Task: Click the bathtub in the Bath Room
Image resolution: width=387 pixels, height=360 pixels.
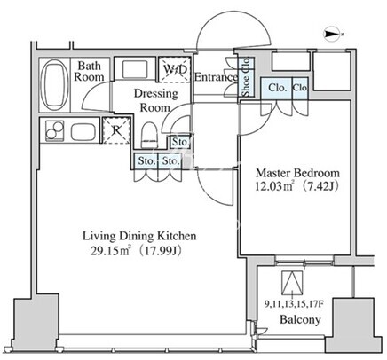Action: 53,85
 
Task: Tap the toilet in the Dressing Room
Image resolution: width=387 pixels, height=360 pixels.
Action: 148,135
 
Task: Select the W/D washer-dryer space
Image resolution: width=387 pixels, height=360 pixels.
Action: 174,70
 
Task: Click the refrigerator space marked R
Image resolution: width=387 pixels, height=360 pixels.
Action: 116,130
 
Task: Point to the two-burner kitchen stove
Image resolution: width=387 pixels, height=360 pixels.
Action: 54,130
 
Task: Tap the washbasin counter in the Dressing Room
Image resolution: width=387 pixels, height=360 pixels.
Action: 135,69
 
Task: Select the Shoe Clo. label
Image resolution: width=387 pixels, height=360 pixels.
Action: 246,77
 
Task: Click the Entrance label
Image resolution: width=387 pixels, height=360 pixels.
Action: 216,77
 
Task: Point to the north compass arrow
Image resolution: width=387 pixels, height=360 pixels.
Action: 332,35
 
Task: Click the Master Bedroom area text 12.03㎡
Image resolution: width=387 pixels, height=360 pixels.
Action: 274,186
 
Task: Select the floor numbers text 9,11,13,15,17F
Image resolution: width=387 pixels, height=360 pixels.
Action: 293,304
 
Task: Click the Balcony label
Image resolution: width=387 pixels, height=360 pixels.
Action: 300,319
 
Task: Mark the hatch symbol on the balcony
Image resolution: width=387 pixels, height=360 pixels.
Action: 292,283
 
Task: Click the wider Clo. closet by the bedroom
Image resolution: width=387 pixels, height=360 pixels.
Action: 276,88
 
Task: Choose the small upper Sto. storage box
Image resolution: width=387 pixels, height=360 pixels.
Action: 179,142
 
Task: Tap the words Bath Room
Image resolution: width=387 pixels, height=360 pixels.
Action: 89,71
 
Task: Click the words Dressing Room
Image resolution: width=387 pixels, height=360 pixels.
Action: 155,100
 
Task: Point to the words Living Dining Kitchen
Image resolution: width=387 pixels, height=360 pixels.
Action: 139,236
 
